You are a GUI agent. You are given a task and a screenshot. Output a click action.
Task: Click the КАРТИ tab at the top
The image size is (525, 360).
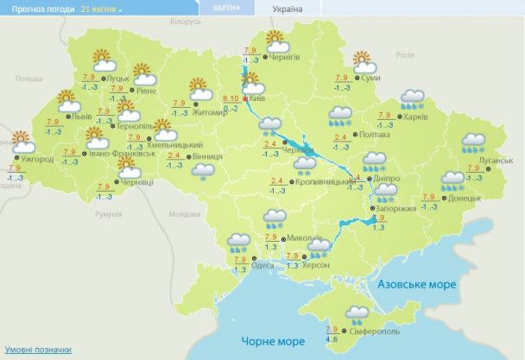(222, 8)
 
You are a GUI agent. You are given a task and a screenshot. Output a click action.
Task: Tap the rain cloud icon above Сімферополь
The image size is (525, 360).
(357, 313)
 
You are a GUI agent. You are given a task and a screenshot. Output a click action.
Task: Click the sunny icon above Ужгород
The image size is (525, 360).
(21, 139)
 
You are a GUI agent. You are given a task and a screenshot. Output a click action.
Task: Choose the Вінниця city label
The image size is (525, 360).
(208, 156)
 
